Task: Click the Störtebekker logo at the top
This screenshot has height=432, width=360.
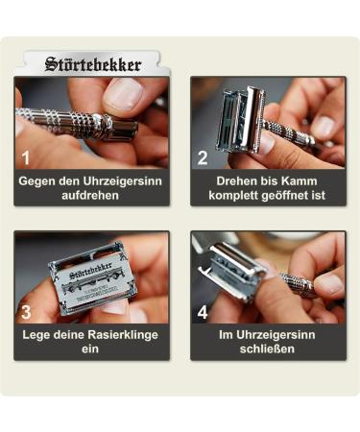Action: click(93, 65)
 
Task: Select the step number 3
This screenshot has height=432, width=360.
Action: click(27, 312)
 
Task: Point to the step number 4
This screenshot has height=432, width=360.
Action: click(203, 312)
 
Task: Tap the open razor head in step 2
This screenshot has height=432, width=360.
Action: click(240, 120)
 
